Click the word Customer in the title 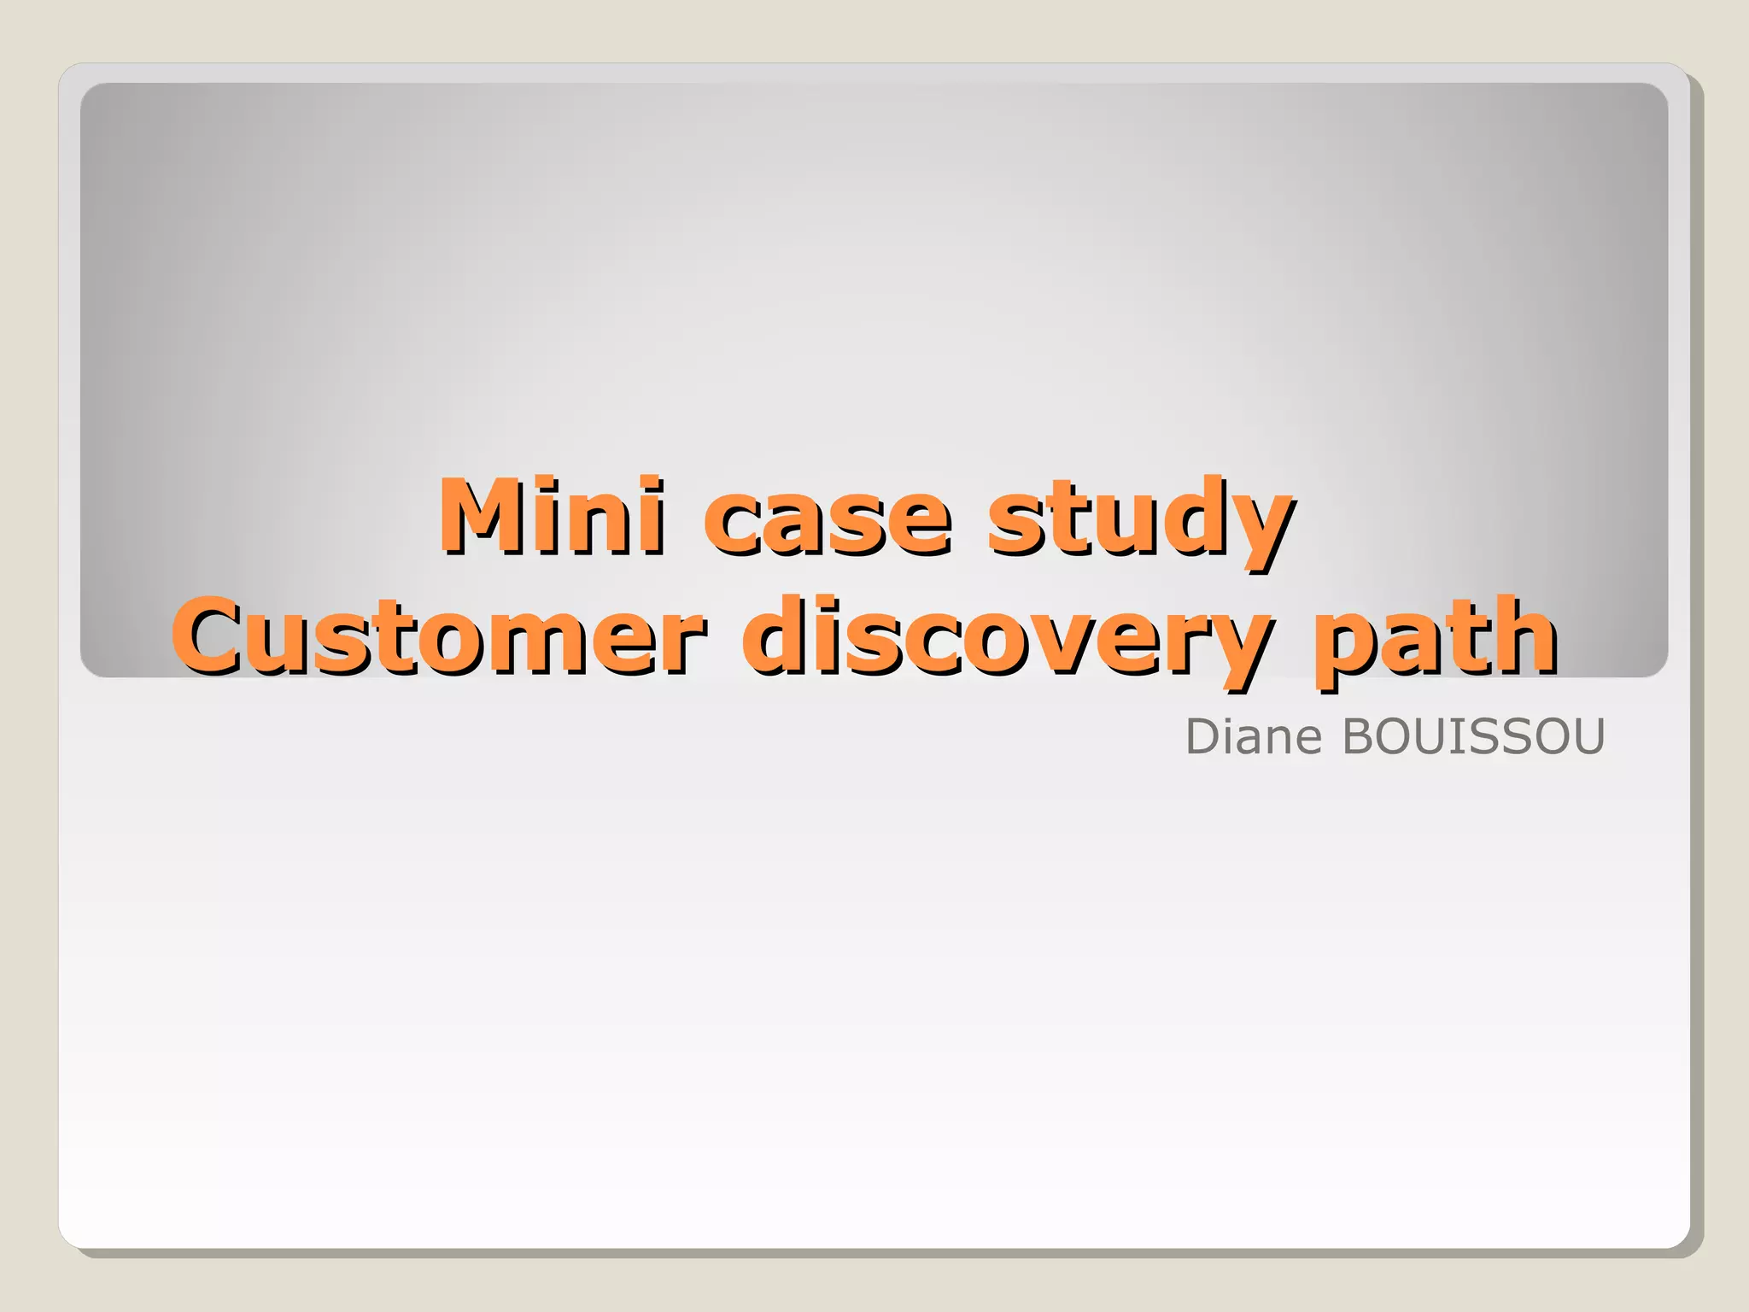tap(439, 636)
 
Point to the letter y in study tap(1259, 525)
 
